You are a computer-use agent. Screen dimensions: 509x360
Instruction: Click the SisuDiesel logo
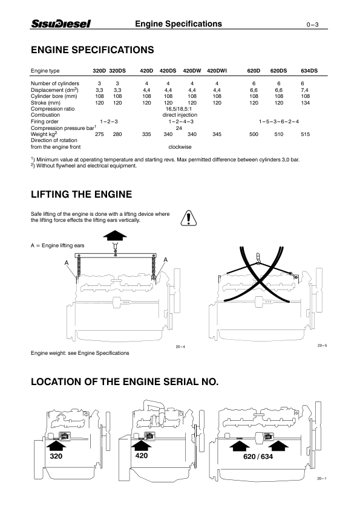pos(61,24)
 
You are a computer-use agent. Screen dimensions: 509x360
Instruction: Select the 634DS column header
pos(309,70)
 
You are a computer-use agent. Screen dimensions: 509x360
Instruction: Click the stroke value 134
pos(306,103)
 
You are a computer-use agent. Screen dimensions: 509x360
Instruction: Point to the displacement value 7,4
pos(306,89)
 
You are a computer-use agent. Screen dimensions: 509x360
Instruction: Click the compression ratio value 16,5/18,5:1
pos(179,108)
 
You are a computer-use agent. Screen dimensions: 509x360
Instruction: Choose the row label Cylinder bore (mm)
pos(54,96)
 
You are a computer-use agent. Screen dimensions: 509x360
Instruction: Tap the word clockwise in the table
pos(180,146)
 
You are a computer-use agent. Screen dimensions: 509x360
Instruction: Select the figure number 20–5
pos(321,346)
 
